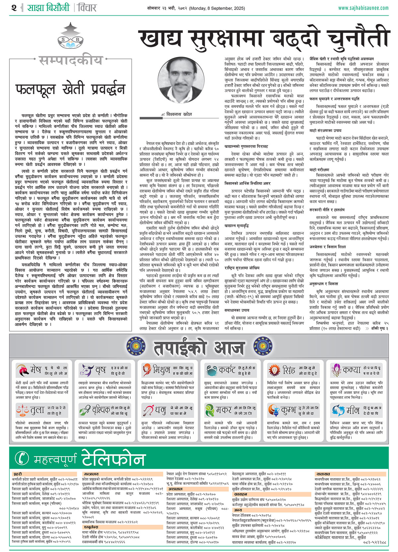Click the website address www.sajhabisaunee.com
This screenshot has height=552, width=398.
click(363, 8)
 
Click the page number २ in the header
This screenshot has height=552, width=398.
click(14, 7)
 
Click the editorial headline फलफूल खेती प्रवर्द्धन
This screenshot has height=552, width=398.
click(70, 89)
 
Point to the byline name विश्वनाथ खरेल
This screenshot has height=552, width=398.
click(179, 114)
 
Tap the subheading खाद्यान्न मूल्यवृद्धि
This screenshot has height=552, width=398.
click(237, 226)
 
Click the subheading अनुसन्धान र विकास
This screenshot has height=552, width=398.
click(324, 284)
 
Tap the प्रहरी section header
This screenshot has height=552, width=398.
click(18, 474)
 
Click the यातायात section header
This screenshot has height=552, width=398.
click(323, 474)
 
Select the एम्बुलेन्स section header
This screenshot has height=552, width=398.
click(91, 527)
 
